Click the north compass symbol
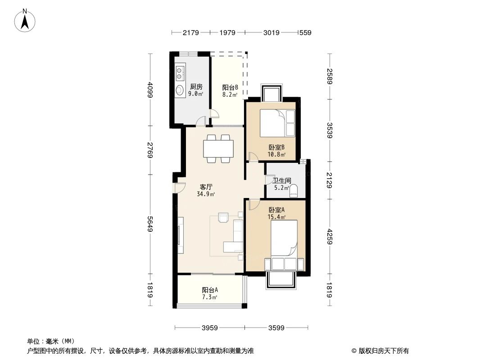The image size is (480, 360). (x=25, y=20)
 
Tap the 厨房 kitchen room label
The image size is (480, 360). (x=195, y=90)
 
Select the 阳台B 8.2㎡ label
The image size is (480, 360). (x=230, y=91)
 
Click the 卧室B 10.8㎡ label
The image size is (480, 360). (x=276, y=150)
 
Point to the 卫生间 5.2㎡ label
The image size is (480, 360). (x=282, y=184)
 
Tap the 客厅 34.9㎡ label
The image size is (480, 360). (x=206, y=190)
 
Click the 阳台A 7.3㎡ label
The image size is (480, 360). (x=209, y=293)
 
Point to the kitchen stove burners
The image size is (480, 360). (x=181, y=73)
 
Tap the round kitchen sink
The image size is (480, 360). (x=180, y=90)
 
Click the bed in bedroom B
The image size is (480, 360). (x=274, y=123)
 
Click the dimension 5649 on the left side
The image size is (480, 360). (x=150, y=234)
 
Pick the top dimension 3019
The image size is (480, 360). (x=271, y=32)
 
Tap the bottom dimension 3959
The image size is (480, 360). (x=209, y=328)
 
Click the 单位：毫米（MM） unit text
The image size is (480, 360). (x=50, y=342)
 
